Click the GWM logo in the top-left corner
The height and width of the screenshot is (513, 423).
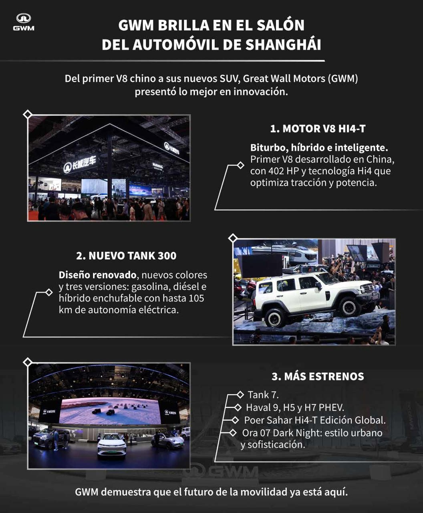pos(24,22)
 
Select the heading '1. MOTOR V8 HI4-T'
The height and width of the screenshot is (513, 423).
pos(318,129)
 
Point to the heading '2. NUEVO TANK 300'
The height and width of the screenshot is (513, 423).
pos(126,256)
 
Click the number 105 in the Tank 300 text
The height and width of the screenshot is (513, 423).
pos(196,298)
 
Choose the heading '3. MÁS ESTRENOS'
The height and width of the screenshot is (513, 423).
pos(318,376)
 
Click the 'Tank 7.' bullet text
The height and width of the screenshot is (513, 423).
pos(263,395)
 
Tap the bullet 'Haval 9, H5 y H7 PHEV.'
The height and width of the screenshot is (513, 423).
pos(295,408)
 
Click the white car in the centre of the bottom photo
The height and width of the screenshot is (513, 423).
pos(112,444)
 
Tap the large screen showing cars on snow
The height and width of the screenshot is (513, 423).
pos(110,411)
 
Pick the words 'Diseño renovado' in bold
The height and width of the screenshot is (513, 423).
pos(97,275)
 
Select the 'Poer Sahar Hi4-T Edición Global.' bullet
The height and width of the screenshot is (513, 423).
pos(315,420)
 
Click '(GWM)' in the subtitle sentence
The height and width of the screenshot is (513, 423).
pos(342,79)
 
